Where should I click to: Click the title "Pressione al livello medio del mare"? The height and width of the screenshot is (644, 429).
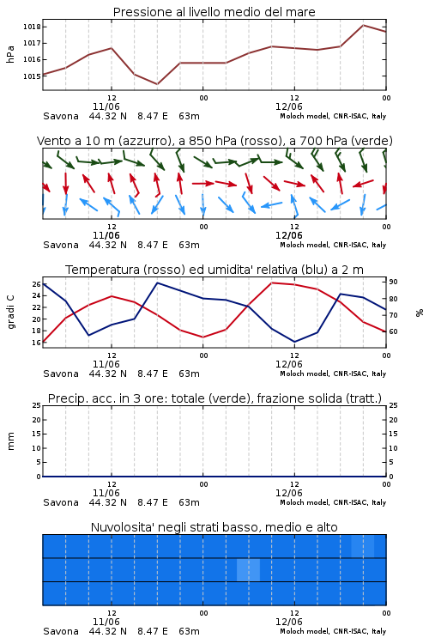click(x=214, y=12)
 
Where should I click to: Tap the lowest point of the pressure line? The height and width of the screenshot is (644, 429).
click(x=157, y=84)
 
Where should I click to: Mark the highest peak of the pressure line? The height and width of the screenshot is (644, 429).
click(x=363, y=25)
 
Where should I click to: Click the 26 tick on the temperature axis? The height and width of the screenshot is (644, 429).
click(x=36, y=284)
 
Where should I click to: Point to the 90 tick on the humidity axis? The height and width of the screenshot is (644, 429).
click(x=393, y=282)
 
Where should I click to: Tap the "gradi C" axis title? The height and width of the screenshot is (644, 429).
click(x=11, y=313)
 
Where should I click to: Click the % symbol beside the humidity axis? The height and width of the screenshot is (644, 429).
click(x=420, y=313)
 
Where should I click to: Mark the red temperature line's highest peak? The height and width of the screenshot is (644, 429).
click(x=272, y=283)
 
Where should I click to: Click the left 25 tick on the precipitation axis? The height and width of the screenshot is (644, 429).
click(x=36, y=405)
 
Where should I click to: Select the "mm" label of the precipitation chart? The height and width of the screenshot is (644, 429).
click(x=11, y=441)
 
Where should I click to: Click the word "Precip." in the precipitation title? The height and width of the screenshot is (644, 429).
click(x=63, y=398)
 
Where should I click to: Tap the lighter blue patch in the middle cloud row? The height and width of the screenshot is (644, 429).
click(x=248, y=569)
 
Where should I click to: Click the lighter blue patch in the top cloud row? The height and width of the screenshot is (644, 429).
click(x=363, y=546)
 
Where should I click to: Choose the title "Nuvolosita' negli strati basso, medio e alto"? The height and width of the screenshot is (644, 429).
click(x=214, y=527)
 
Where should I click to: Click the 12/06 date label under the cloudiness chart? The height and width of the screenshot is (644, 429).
click(x=289, y=622)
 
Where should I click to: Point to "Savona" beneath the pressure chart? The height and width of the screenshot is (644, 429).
click(x=61, y=116)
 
